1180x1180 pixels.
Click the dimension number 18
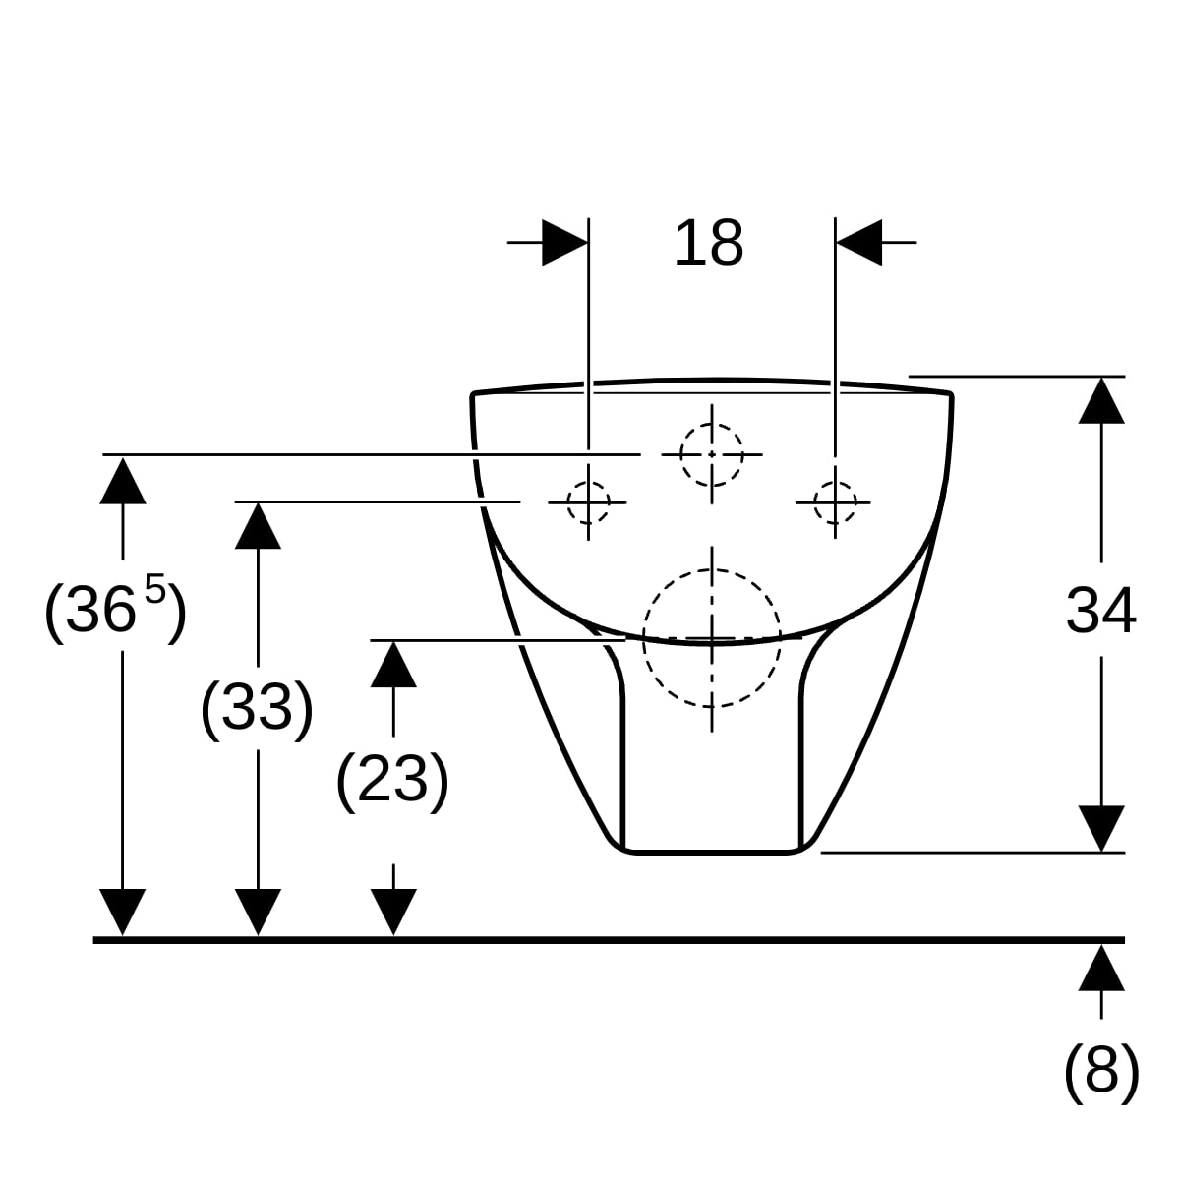708,243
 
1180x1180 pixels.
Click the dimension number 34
1100,611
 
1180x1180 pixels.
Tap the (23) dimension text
392,779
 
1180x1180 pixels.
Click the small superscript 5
155,588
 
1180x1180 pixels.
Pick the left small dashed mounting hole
588,502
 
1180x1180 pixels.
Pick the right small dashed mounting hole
835,502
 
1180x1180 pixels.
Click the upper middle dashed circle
712,455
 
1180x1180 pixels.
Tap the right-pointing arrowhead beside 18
564,243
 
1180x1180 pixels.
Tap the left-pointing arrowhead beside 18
858,243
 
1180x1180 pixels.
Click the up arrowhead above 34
1101,400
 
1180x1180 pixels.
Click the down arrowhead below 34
1101,829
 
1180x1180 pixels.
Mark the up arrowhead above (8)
1101,968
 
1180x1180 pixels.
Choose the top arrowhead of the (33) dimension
258,525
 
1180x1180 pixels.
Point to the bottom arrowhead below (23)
393,912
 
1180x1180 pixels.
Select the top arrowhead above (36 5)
123,481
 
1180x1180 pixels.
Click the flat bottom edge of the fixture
712,852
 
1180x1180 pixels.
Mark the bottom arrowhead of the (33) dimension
258,912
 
